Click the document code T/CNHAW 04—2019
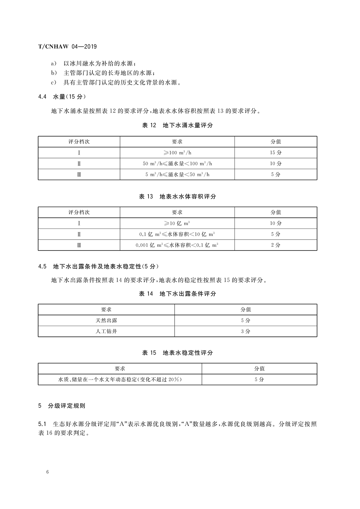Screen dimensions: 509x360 point(67,47)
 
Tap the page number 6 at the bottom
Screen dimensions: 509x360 point(47,472)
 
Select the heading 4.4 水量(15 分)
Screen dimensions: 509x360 point(62,97)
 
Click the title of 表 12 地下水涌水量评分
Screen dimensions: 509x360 point(177,125)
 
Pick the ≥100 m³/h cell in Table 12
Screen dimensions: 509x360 point(177,153)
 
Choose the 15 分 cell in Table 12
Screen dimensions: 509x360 point(276,153)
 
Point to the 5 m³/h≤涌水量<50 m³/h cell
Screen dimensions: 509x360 point(177,175)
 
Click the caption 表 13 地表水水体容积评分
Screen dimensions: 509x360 point(177,196)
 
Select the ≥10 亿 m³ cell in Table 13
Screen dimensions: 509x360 point(177,223)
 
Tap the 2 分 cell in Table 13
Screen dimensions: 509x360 point(276,245)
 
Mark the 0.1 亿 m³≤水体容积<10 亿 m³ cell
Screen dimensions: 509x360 point(177,234)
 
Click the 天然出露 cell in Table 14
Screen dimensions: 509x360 point(106,320)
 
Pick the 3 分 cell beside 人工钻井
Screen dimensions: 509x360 point(246,331)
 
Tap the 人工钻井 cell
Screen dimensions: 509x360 point(106,331)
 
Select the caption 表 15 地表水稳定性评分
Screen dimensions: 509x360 point(177,353)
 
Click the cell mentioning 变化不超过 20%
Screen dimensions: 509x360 point(120,379)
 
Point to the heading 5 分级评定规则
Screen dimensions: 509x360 point(62,406)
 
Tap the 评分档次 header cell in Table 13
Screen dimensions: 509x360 point(79,212)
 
